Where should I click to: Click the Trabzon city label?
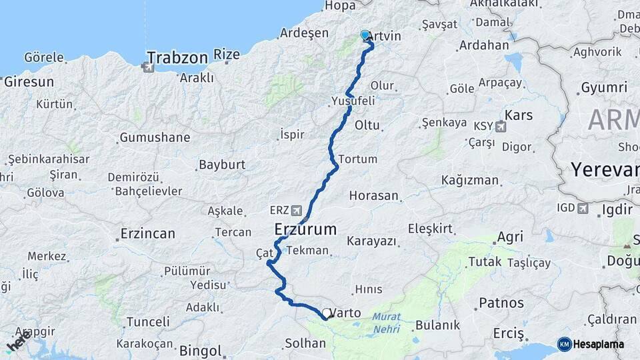tap(177, 58)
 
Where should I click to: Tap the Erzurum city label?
tap(305, 230)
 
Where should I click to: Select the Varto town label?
tap(345, 313)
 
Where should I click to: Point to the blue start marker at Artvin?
tap(365, 35)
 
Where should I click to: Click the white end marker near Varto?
tap(326, 313)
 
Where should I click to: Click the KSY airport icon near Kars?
tap(501, 126)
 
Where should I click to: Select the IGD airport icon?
tap(584, 209)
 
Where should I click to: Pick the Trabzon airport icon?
tap(147, 67)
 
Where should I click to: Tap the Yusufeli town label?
tap(353, 101)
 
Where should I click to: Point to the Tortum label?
tap(357, 159)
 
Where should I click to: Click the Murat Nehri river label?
tap(387, 323)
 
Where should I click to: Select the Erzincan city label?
tap(147, 234)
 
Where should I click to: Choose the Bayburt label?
tap(222, 165)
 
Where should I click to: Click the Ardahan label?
tap(483, 47)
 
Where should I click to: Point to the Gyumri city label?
tap(604, 87)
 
